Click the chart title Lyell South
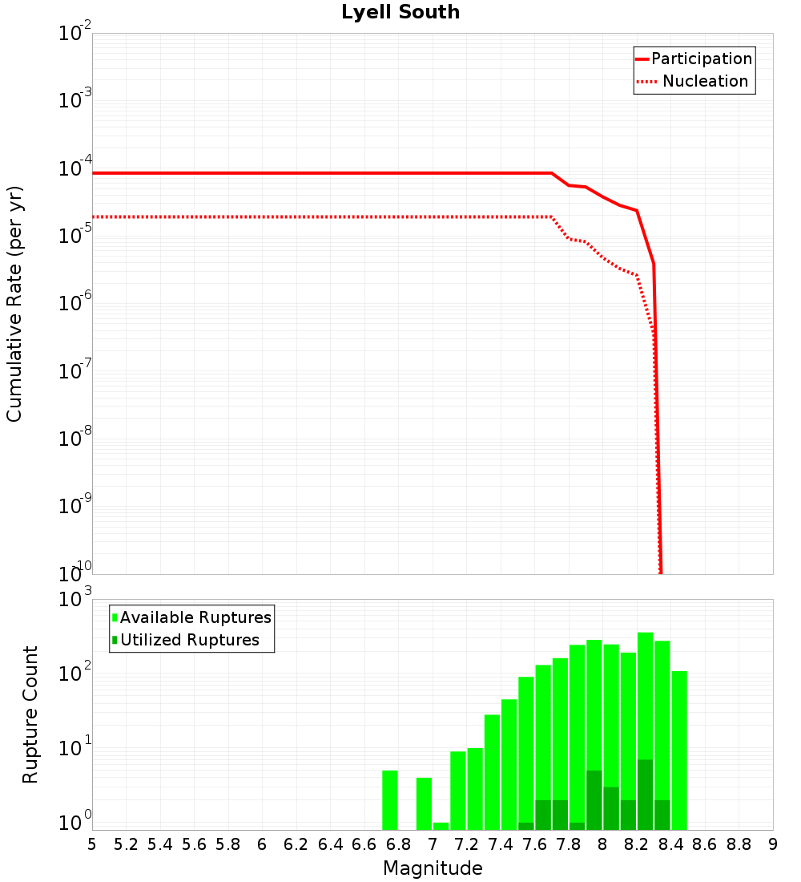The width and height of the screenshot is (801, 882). click(x=400, y=13)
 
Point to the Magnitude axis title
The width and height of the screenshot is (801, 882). click(x=433, y=868)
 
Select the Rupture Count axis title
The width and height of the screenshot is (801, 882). click(x=30, y=714)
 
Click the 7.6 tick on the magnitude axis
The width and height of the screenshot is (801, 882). click(x=534, y=844)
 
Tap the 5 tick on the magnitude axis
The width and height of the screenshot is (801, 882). click(x=92, y=844)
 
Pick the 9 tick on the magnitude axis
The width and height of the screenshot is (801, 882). click(x=773, y=844)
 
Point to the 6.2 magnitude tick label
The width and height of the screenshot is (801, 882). click(x=296, y=844)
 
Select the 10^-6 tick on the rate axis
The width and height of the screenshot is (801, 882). click(x=76, y=303)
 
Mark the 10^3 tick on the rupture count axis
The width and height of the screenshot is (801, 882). click(x=76, y=600)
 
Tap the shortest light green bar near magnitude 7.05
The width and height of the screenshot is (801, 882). click(x=441, y=826)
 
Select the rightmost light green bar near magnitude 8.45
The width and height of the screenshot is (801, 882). click(x=679, y=750)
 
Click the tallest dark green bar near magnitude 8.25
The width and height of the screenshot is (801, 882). click(x=645, y=794)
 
